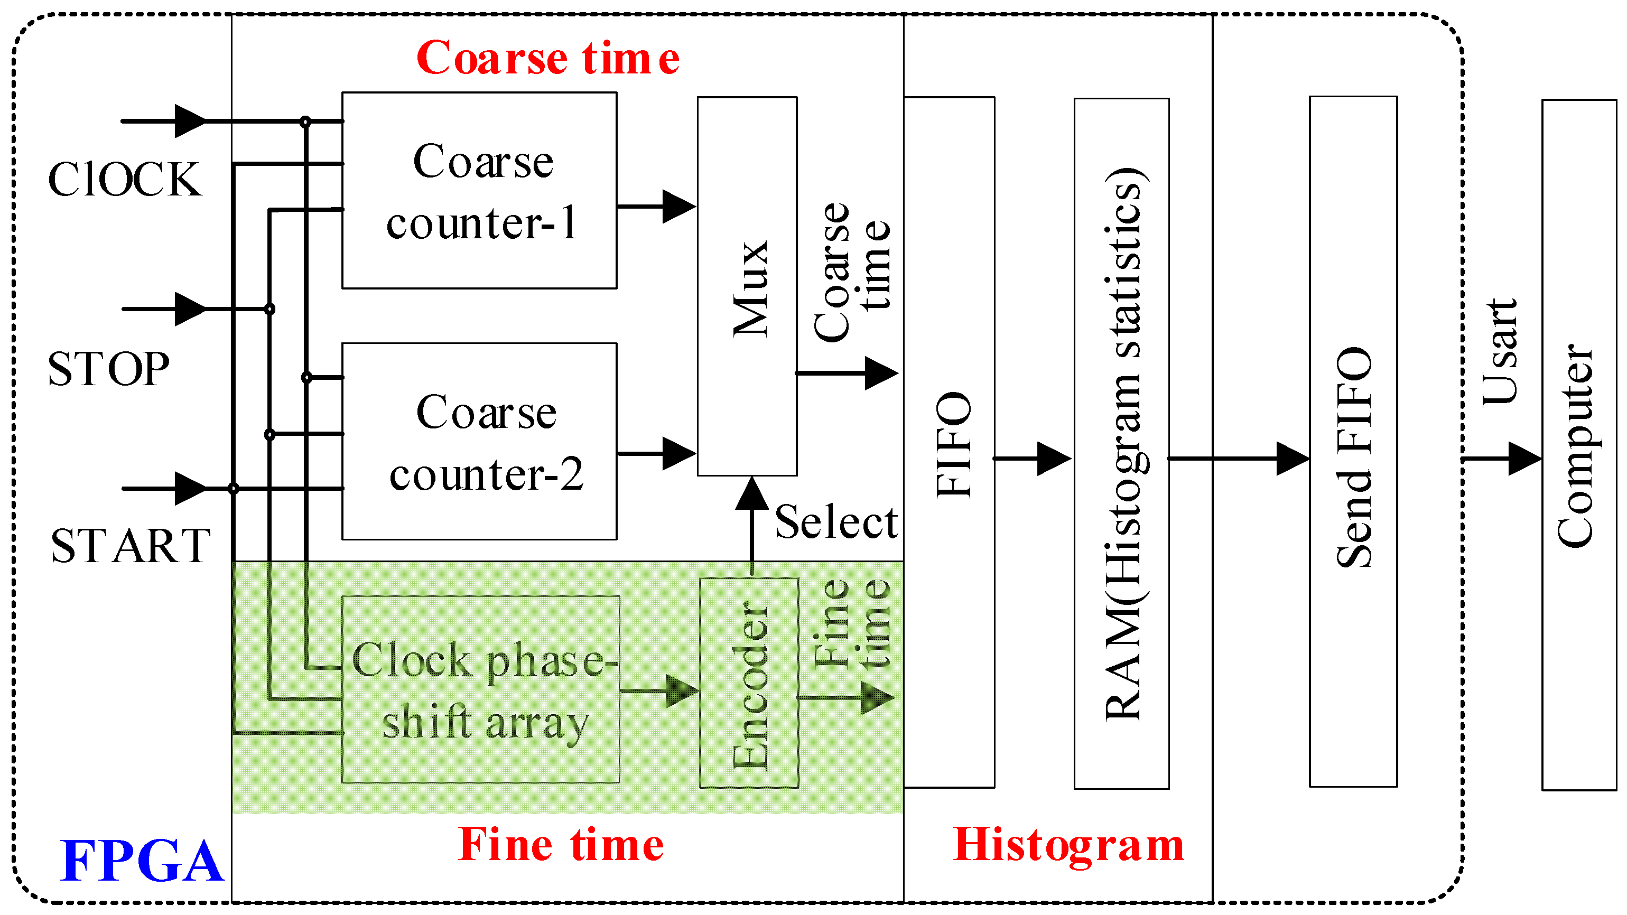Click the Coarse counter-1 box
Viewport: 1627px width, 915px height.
click(x=479, y=191)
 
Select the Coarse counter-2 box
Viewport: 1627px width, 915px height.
click(x=479, y=442)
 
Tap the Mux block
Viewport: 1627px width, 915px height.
click(x=747, y=286)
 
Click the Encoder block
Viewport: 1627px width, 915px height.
click(x=749, y=683)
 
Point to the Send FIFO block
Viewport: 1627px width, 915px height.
click(x=1353, y=442)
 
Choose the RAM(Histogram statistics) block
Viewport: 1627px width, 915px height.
click(x=1122, y=443)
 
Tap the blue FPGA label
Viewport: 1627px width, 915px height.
click(x=142, y=861)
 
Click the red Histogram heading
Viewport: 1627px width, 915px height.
click(x=1068, y=844)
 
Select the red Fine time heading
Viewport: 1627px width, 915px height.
click(x=561, y=844)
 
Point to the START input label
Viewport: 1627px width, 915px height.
click(x=130, y=546)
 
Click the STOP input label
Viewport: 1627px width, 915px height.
click(x=109, y=369)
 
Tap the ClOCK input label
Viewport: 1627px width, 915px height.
click(x=124, y=180)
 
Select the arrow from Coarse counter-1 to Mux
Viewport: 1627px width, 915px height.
click(x=657, y=207)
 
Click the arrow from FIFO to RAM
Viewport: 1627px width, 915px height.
click(x=1033, y=459)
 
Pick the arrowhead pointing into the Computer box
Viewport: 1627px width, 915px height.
click(x=1524, y=459)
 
